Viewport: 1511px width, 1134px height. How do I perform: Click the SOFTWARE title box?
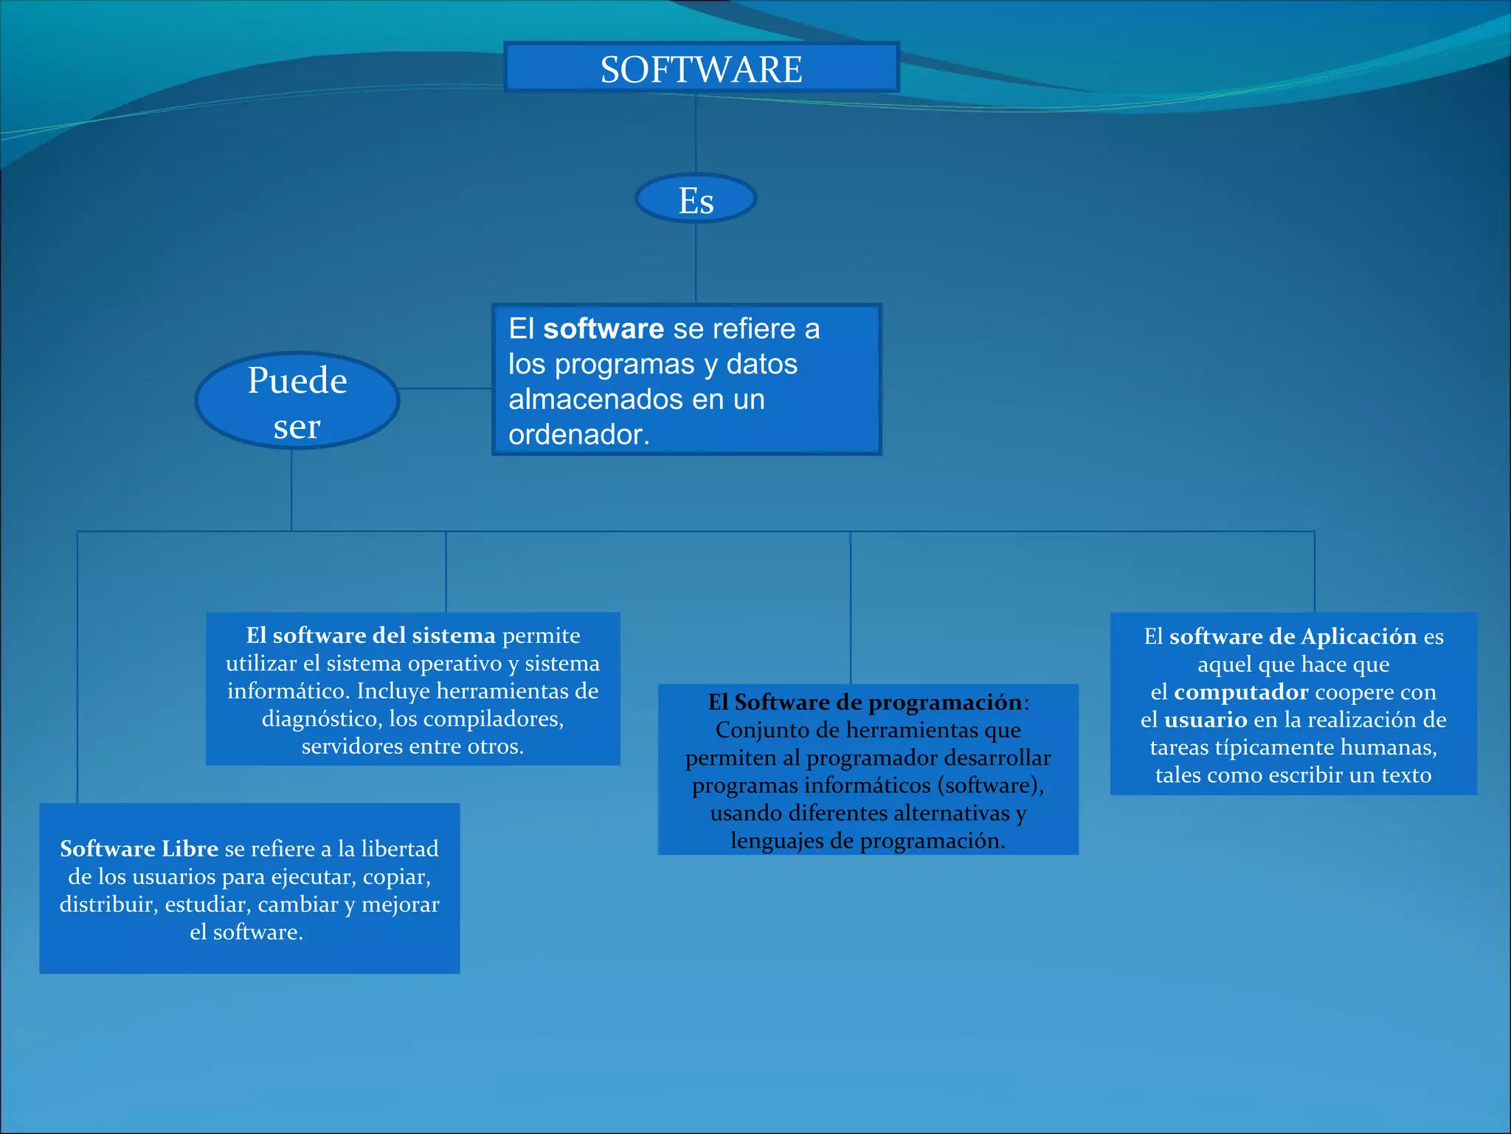click(701, 68)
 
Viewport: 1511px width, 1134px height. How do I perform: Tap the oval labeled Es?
click(696, 199)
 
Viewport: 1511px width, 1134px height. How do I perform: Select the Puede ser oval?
click(297, 401)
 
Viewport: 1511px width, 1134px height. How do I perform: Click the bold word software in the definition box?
click(603, 329)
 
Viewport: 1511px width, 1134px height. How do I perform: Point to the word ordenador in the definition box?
click(578, 435)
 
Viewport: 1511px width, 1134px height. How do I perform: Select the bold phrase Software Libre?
click(139, 849)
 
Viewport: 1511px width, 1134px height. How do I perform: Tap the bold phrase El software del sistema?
click(370, 636)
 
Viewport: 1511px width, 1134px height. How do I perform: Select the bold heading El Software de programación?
click(865, 702)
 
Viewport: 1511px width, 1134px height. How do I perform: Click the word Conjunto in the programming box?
click(758, 730)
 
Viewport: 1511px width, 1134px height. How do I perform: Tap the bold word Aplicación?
click(1358, 636)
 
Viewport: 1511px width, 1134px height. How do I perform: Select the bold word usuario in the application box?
click(1206, 720)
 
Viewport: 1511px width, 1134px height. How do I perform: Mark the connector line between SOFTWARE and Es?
click(696, 133)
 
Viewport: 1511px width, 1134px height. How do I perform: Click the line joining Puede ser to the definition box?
click(446, 388)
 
